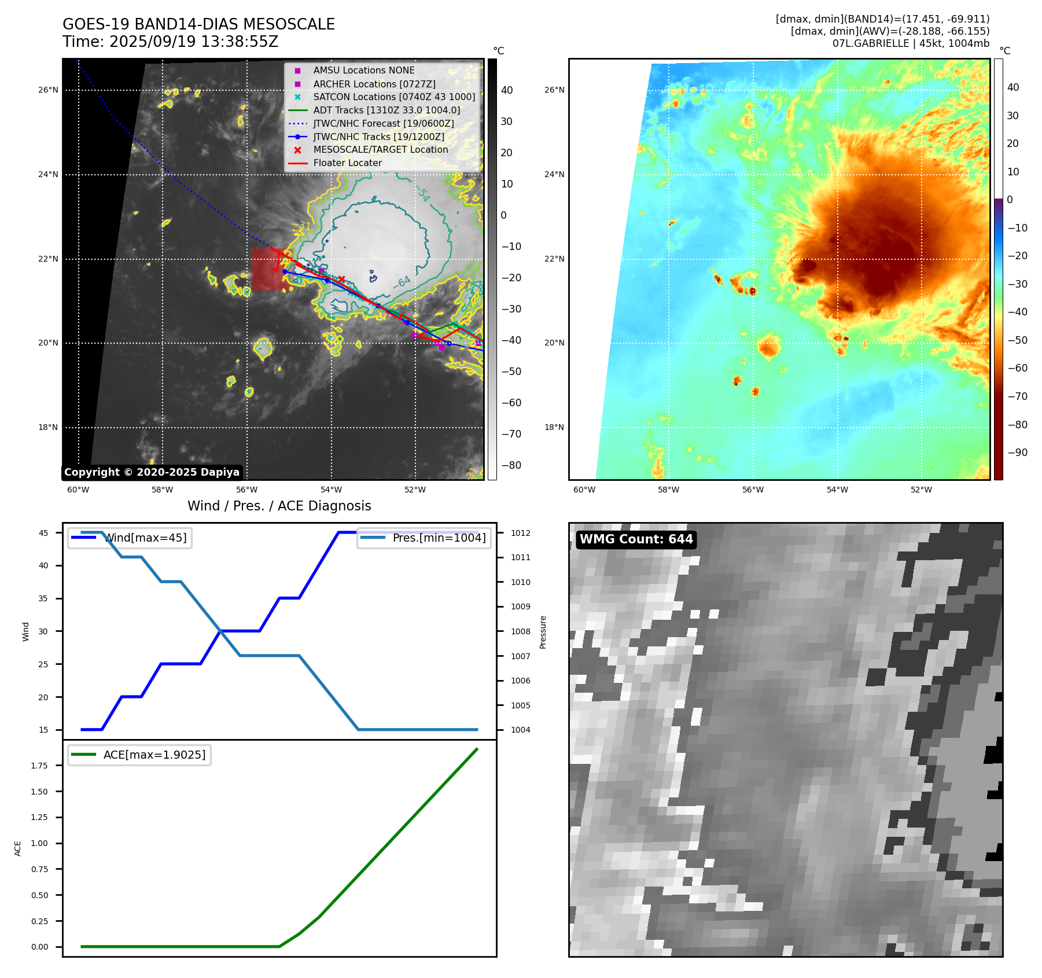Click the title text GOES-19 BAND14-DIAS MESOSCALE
tap(198, 24)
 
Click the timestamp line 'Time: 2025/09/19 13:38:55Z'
tap(170, 42)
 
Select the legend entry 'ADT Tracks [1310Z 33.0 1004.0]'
tap(386, 110)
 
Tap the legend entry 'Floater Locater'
tap(347, 163)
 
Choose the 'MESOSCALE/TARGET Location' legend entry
tap(380, 149)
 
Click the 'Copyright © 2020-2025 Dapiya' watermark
tap(152, 472)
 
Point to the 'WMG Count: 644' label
tap(636, 539)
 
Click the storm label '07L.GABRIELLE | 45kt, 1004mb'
tap(911, 43)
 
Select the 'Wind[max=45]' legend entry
tap(145, 538)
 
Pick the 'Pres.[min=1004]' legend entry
tap(439, 538)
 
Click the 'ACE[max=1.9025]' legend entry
tap(154, 755)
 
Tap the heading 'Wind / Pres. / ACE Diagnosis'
tap(279, 506)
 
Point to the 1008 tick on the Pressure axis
tap(520, 631)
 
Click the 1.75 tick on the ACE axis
tap(39, 766)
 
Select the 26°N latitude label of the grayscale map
tap(48, 90)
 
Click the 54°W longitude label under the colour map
tap(837, 490)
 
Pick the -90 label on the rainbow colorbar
tap(1017, 453)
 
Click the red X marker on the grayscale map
tap(341, 280)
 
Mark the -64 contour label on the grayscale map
tap(402, 282)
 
